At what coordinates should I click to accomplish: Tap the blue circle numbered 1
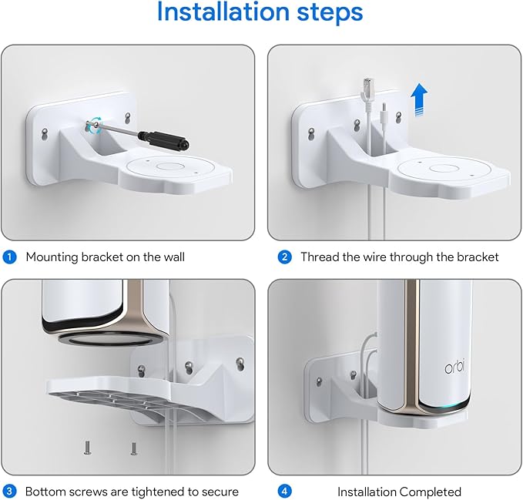point(10,257)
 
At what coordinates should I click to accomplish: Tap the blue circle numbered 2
point(284,257)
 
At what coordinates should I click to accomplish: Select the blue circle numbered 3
point(10,491)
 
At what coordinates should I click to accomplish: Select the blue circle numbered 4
point(284,491)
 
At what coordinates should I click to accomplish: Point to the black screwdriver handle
point(164,139)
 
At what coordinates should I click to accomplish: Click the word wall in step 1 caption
point(170,257)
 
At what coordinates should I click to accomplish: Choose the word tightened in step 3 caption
point(146,491)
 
